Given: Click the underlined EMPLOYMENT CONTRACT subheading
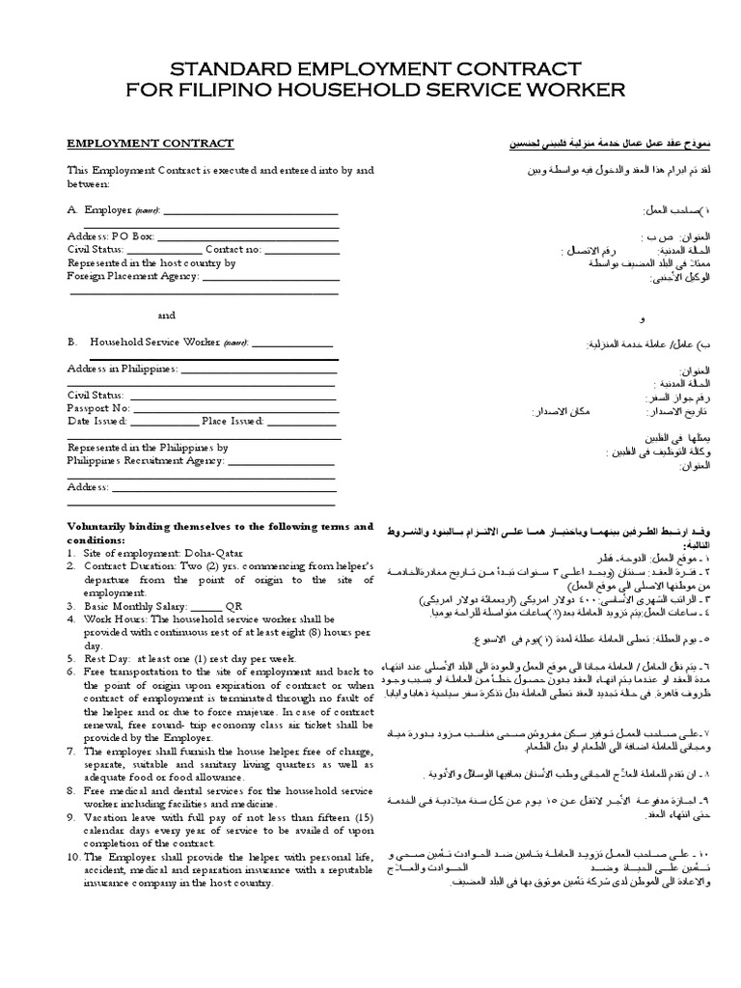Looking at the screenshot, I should click(x=150, y=144).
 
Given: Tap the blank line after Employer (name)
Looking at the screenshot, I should click(x=252, y=211).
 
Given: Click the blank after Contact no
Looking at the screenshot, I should click(x=302, y=249).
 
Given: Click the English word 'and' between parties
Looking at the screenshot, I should click(x=166, y=315).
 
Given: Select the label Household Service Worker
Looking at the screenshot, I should click(x=155, y=343).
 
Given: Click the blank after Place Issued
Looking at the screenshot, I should click(x=301, y=421).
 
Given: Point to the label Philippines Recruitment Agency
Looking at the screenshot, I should click(x=145, y=460).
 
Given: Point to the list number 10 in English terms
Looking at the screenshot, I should click(x=72, y=856).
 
